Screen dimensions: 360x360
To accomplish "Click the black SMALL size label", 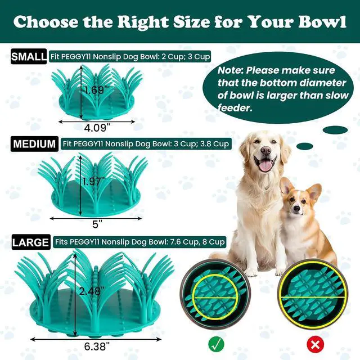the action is click(29, 56).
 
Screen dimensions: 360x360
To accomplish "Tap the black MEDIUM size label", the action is click(34, 144).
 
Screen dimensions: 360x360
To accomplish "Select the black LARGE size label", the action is click(31, 242).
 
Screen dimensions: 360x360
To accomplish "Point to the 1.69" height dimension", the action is click(94, 90).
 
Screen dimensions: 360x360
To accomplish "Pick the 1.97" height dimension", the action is click(93, 182).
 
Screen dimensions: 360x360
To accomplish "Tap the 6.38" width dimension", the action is click(97, 346).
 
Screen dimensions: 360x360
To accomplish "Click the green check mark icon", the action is click(216, 344).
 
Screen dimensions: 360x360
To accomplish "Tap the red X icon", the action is click(315, 344).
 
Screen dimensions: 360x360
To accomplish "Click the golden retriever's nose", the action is click(266, 151).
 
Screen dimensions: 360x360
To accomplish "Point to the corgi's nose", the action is click(296, 209).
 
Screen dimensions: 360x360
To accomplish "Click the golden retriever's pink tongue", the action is click(266, 165).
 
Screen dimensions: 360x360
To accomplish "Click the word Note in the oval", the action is click(230, 70).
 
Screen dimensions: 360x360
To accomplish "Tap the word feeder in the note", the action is click(235, 107).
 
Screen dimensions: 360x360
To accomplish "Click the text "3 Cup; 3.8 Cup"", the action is click(201, 144).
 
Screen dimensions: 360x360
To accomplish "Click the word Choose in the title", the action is click(46, 22).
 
